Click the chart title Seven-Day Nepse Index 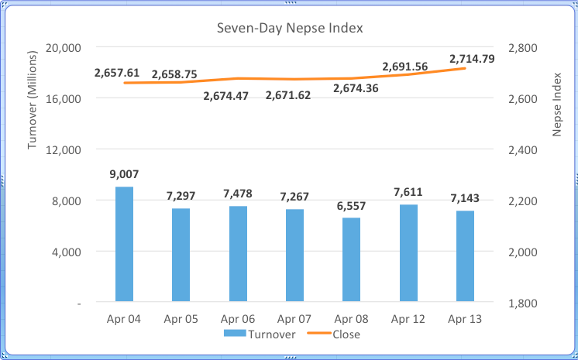[289, 29]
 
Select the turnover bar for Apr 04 [124, 244]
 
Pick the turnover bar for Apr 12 [408, 252]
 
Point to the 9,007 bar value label [124, 174]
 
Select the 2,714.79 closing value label [472, 58]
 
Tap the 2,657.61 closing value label [117, 73]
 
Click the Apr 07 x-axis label [294, 319]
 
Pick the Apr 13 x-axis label [465, 319]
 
